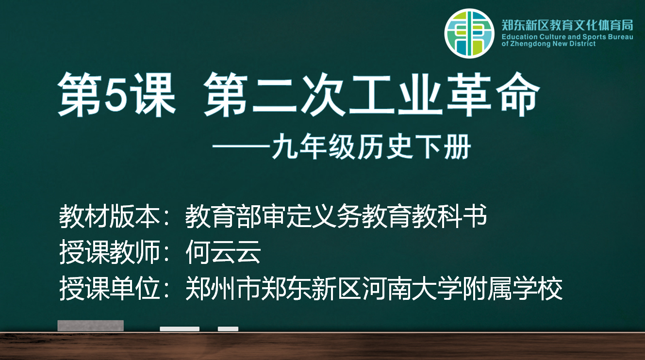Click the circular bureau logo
(469, 33)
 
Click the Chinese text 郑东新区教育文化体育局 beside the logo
(567, 25)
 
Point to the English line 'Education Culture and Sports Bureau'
(567, 37)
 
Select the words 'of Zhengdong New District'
(548, 44)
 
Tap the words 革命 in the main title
(493, 94)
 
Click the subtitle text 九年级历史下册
(371, 147)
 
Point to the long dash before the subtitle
(241, 147)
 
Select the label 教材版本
(109, 216)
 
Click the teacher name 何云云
(223, 252)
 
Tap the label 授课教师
(109, 252)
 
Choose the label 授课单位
(109, 289)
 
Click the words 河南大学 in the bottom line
(412, 289)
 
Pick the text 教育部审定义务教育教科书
(336, 216)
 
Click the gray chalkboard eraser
(91, 326)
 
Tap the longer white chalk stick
(180, 329)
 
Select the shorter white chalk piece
(228, 329)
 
